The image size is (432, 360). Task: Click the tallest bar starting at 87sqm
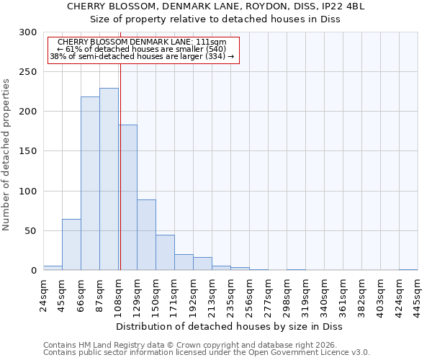point(109,179)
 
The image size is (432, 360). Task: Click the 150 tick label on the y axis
point(29,152)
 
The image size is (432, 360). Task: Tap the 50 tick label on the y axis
point(31,231)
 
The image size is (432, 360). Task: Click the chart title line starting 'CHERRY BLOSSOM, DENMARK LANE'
point(216,6)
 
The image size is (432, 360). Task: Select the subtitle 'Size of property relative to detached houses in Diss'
point(216,19)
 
